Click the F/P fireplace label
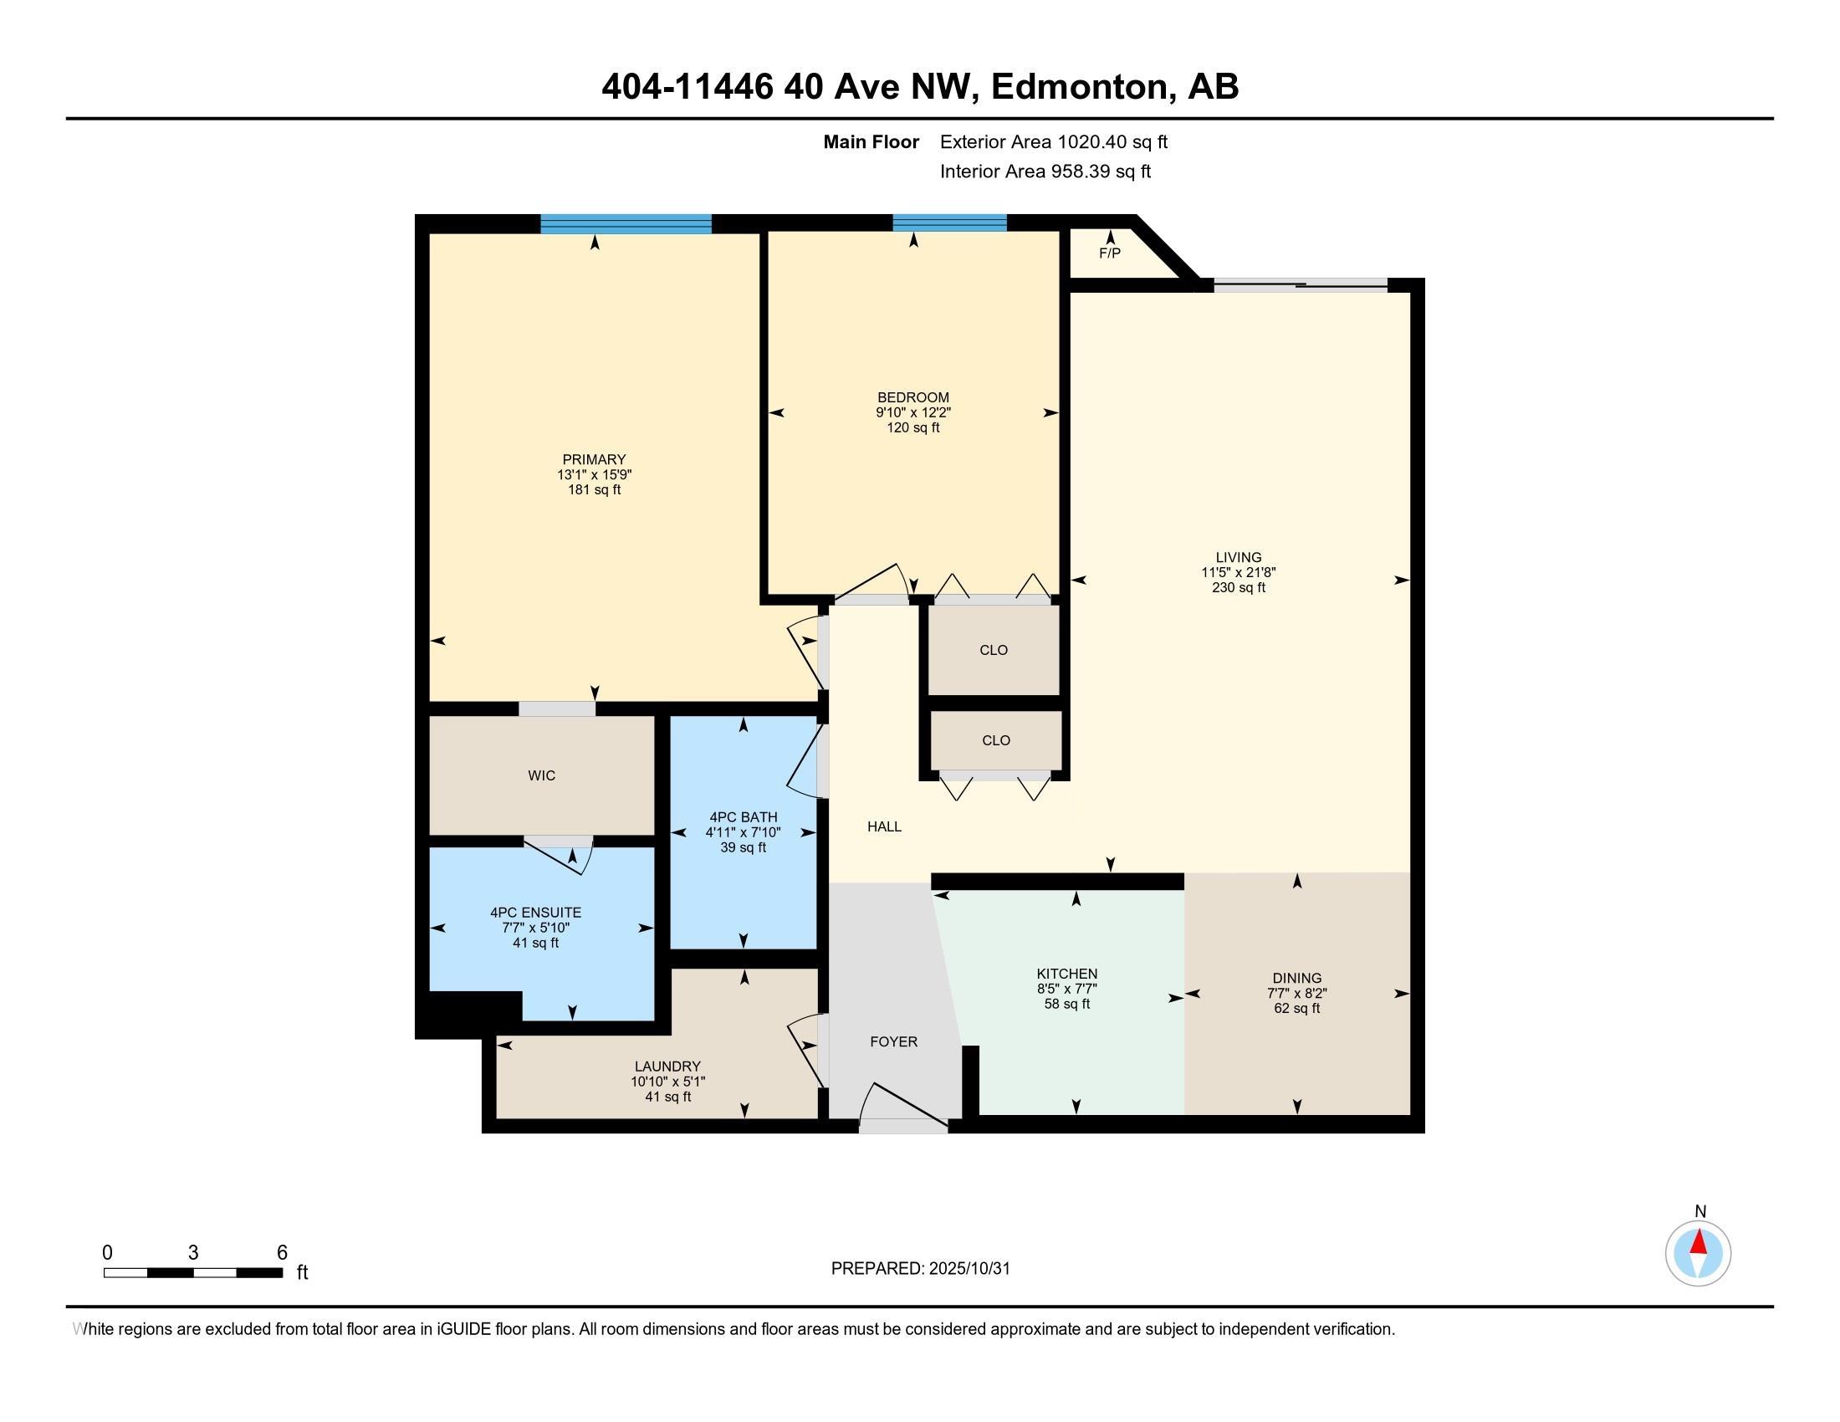(x=1110, y=253)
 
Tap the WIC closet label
(x=542, y=776)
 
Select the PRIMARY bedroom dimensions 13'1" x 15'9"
(x=594, y=474)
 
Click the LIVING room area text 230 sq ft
(x=1239, y=587)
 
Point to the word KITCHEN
(x=1066, y=974)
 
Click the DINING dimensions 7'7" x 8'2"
(x=1296, y=993)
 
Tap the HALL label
(x=885, y=826)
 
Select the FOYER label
(x=894, y=1042)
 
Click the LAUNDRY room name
(x=667, y=1066)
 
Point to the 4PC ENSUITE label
(x=536, y=913)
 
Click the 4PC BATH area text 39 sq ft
(x=743, y=847)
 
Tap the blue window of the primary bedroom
(x=626, y=224)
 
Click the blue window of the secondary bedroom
(x=949, y=223)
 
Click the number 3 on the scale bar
(x=193, y=1253)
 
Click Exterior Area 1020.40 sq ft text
(x=1053, y=141)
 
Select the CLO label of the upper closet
(x=994, y=650)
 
